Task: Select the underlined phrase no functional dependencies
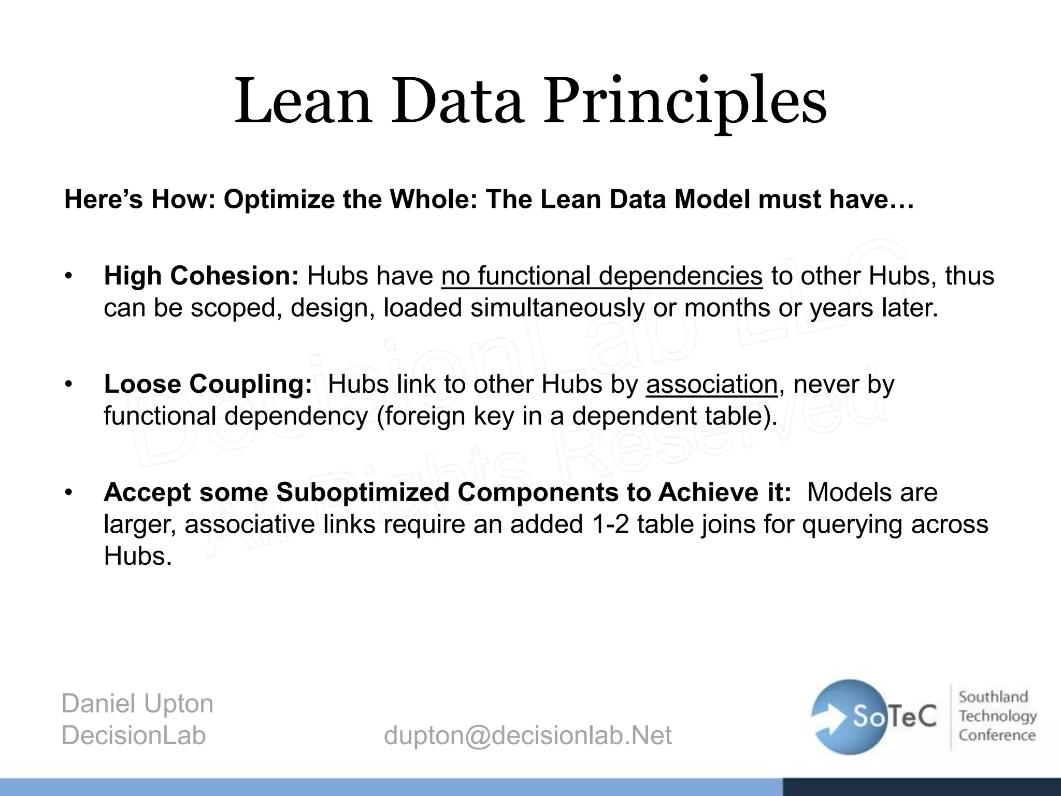click(601, 276)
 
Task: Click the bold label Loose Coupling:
click(207, 384)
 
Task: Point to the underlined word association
click(711, 384)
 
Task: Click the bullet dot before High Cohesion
click(67, 276)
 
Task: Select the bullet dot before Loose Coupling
click(67, 384)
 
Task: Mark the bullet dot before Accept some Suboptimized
click(67, 492)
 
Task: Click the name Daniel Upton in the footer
click(137, 703)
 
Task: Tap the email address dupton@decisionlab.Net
click(527, 735)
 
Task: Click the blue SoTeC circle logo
click(850, 717)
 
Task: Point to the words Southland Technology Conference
click(996, 716)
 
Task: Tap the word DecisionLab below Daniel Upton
click(133, 735)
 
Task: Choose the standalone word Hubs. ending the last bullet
click(137, 556)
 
